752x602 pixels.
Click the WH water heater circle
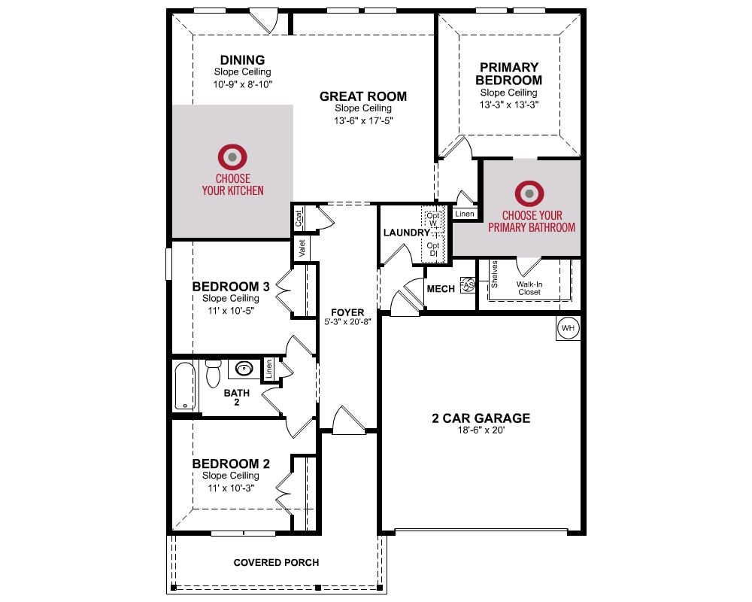coord(568,328)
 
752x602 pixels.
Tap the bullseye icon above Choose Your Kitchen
coord(232,157)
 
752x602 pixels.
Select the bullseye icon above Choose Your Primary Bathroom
coord(529,193)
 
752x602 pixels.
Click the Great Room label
coord(363,96)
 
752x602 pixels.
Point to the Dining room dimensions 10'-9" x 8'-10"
coord(243,84)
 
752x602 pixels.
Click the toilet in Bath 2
coord(213,373)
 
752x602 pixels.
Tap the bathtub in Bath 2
coord(185,386)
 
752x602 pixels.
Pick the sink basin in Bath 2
coord(244,369)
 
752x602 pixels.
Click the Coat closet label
coord(299,219)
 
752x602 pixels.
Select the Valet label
coord(302,248)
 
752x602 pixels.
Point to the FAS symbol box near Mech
coord(467,285)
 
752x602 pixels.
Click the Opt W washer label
coord(433,220)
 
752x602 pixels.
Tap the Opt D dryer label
coord(433,249)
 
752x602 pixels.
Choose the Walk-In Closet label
coord(529,288)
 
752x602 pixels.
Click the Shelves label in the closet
coord(495,275)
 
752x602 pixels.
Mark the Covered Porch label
coord(276,563)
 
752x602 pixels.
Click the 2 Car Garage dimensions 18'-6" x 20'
coord(481,430)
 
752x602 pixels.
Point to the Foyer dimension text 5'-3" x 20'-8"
coord(347,321)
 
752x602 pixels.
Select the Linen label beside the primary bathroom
coord(465,214)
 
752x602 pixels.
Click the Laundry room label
coord(407,233)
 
